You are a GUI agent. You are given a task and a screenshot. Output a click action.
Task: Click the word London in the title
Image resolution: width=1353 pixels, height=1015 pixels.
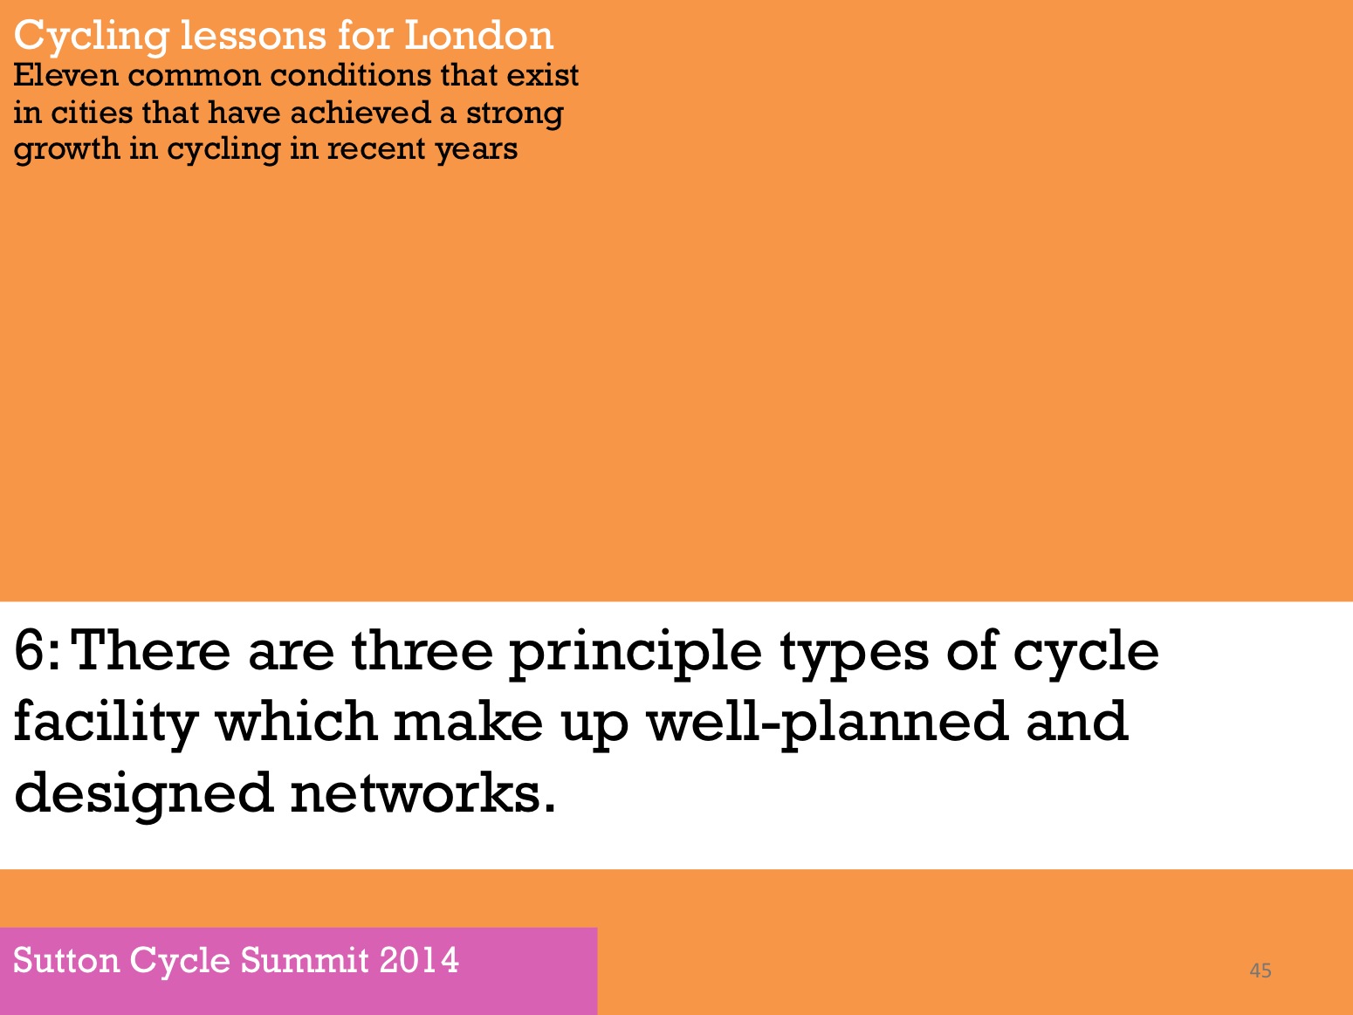478,35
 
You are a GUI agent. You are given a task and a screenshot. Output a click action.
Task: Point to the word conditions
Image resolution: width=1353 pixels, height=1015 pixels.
351,75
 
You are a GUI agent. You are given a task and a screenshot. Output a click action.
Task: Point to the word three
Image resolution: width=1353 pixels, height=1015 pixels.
422,651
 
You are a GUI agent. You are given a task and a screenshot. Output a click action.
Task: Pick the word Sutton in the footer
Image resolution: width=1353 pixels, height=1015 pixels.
66,961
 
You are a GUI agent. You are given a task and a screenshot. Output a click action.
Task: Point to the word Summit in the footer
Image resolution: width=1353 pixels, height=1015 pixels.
304,961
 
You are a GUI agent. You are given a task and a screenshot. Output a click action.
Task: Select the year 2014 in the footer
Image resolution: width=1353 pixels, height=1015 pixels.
419,961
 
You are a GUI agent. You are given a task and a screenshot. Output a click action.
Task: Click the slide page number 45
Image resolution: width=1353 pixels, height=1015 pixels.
1260,970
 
